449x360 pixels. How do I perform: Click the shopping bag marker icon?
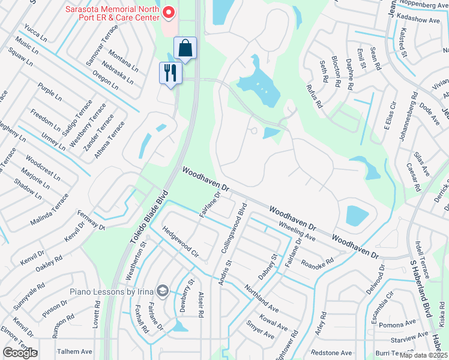coord(185,48)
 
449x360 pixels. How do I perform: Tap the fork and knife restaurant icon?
coord(170,73)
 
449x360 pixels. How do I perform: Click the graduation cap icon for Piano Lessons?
coord(162,291)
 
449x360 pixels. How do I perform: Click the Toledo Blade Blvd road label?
coord(146,219)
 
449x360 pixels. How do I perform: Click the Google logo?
coord(20,353)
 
